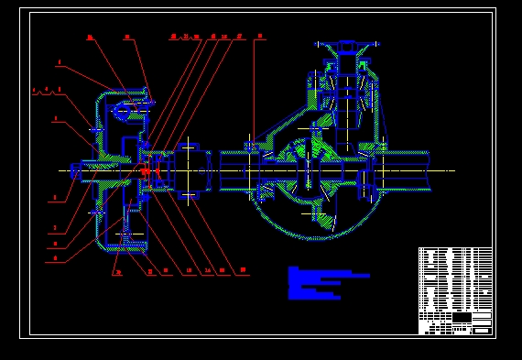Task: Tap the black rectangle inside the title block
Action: (462, 318)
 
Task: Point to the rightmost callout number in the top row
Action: (260, 37)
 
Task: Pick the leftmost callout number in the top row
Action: (90, 38)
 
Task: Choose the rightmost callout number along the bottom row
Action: (243, 270)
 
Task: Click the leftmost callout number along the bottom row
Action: (117, 272)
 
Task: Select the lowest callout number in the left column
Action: (56, 258)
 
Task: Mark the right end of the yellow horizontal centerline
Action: (453, 170)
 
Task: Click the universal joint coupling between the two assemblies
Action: (190, 170)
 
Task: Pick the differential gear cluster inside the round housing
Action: (311, 170)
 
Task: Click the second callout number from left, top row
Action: (126, 38)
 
